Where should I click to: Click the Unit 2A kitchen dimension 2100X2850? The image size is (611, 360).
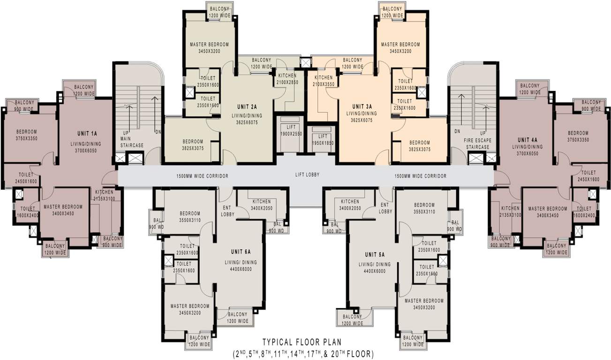coord(287,82)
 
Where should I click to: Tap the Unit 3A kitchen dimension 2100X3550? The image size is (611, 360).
coord(323,84)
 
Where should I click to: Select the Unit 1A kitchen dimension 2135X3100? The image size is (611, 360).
coord(104,200)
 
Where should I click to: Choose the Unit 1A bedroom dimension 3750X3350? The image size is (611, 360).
coord(26,139)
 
